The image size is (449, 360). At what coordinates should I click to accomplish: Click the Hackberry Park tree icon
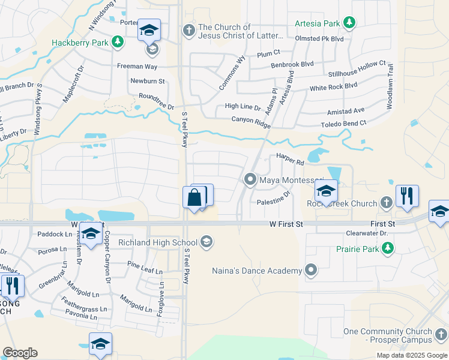click(x=119, y=41)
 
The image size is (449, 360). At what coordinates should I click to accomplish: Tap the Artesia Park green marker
click(x=348, y=23)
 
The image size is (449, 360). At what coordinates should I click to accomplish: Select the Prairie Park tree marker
click(x=388, y=247)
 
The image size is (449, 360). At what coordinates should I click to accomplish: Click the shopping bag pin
click(x=194, y=197)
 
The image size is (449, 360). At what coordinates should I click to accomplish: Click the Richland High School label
click(x=158, y=242)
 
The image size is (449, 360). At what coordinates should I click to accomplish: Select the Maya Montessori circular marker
click(x=250, y=179)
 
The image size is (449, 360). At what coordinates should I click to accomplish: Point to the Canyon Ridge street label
click(x=251, y=121)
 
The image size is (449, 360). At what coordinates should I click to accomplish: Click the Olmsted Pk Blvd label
click(x=319, y=38)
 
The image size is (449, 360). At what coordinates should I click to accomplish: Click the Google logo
click(x=20, y=353)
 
